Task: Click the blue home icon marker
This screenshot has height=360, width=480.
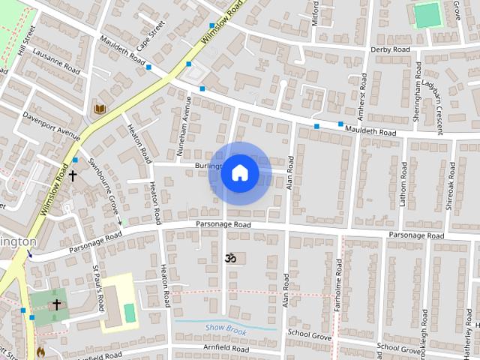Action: coord(239,173)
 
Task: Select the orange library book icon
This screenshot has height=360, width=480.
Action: coord(100,109)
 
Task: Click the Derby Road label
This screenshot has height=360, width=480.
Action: coord(390,49)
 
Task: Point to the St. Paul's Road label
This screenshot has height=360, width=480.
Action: coord(98,286)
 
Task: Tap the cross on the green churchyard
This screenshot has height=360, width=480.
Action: coord(56,304)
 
